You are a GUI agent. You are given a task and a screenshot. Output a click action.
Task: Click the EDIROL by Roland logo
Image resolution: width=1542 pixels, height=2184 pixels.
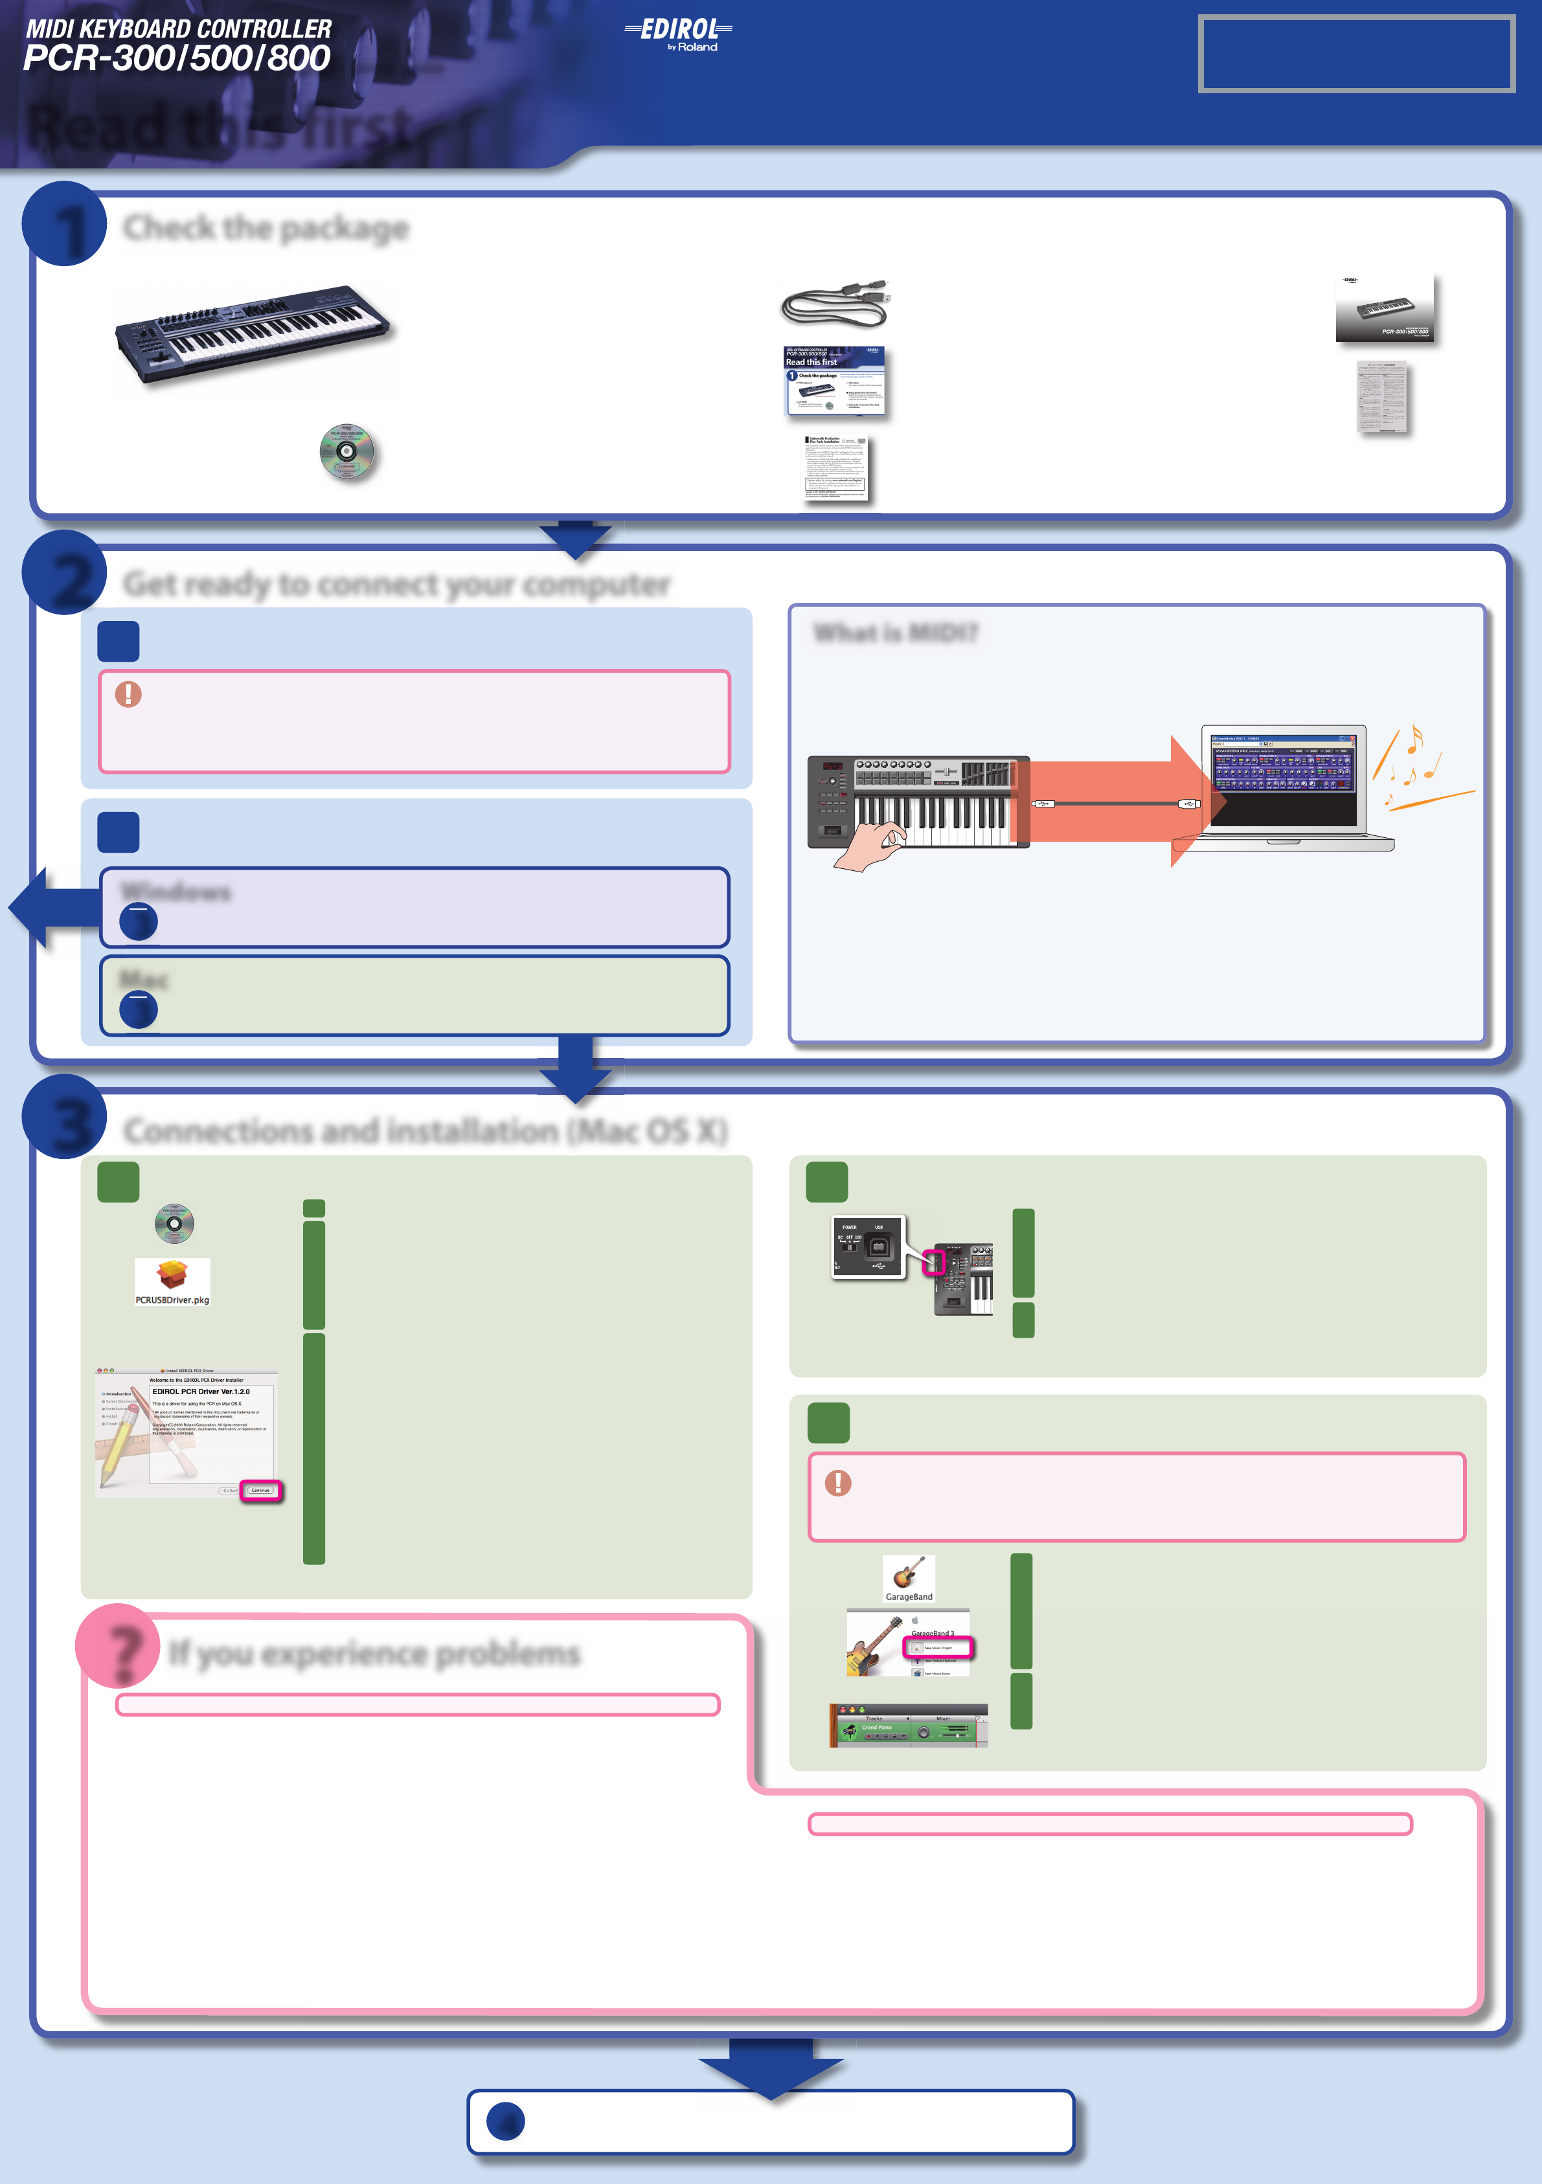point(678,34)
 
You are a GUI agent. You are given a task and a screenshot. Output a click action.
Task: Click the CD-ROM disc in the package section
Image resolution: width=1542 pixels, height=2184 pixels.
point(347,453)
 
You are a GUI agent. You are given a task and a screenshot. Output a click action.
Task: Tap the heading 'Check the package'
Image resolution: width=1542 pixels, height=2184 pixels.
point(266,229)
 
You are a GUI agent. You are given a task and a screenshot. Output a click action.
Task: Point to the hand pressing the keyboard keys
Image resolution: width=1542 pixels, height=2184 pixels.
point(868,846)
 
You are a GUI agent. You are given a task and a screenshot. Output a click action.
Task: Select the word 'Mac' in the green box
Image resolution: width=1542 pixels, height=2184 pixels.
point(144,979)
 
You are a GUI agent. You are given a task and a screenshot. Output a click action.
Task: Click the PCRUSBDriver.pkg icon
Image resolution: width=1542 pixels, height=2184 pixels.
point(172,1281)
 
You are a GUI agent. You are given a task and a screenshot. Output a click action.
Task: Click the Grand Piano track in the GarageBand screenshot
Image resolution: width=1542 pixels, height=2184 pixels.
point(876,1728)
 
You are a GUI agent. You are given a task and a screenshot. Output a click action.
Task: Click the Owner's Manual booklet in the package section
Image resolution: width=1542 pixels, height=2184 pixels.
point(1385,308)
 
